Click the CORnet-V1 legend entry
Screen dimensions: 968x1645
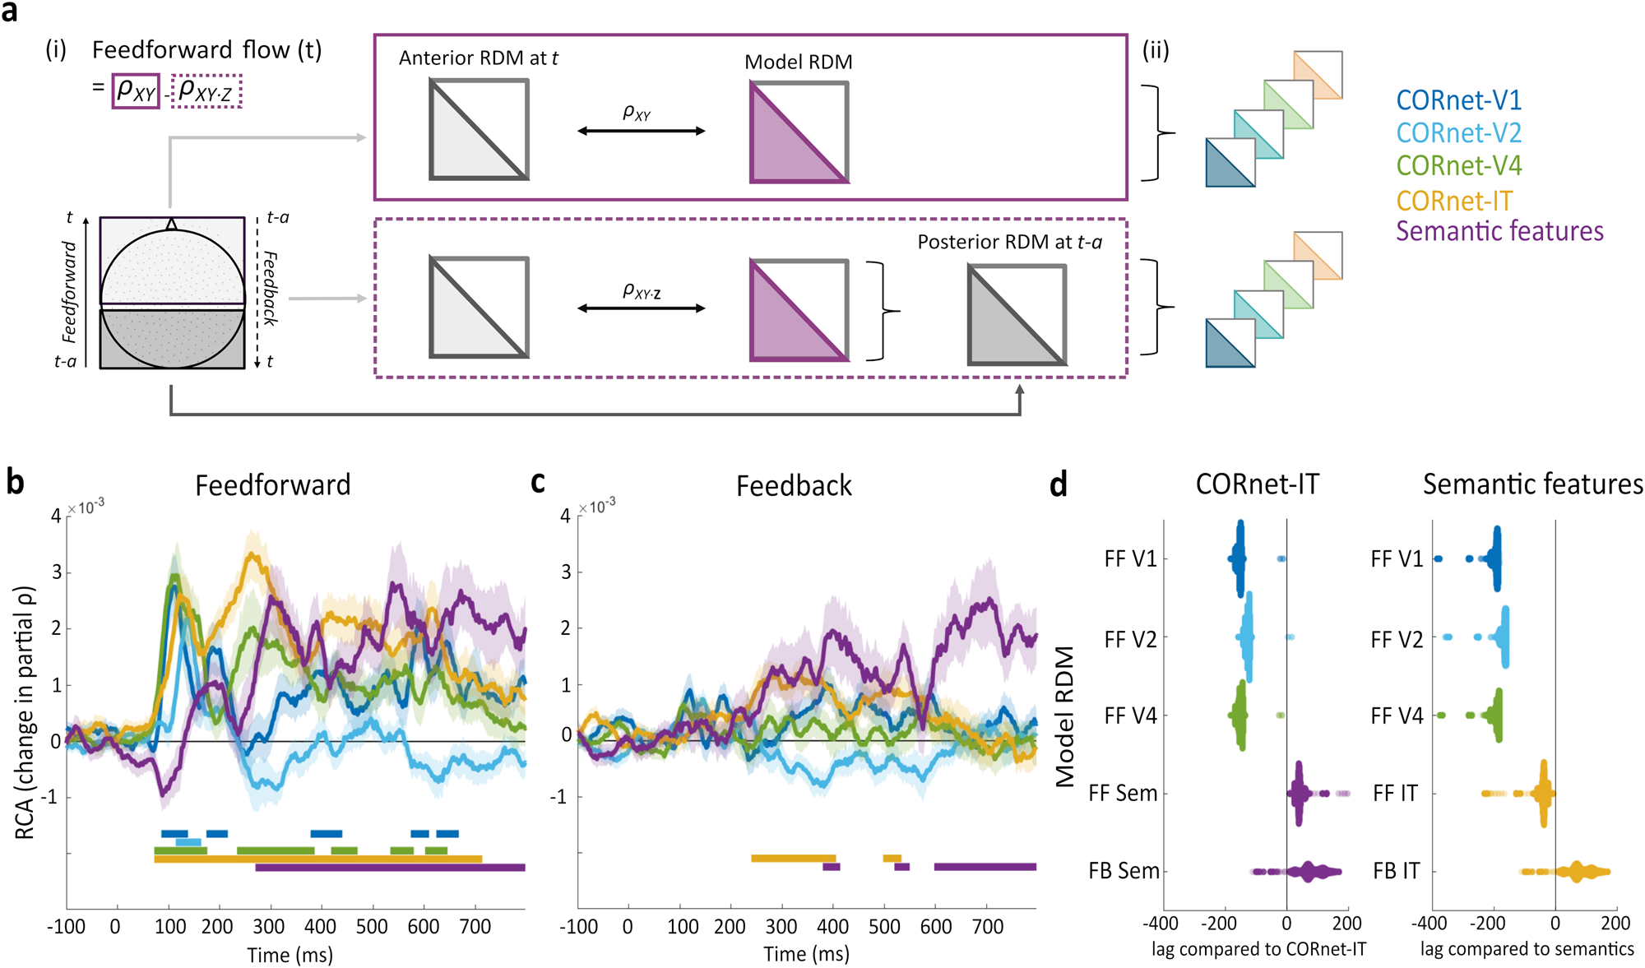click(x=1458, y=100)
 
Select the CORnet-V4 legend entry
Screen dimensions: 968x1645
click(x=1458, y=165)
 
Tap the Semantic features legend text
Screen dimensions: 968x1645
click(x=1499, y=231)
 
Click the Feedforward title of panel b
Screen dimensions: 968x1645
click(x=272, y=485)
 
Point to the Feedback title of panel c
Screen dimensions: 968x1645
click(x=794, y=486)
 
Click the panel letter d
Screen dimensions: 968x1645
click(x=1059, y=484)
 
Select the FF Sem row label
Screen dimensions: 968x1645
click(x=1123, y=794)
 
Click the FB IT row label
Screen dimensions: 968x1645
click(x=1396, y=871)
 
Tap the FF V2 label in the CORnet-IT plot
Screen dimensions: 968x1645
click(x=1130, y=639)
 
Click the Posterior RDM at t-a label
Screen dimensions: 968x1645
click(x=1009, y=242)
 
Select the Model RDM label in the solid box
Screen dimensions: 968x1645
click(x=798, y=62)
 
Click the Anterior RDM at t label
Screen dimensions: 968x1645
click(x=478, y=58)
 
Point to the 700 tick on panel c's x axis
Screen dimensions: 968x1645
click(x=987, y=927)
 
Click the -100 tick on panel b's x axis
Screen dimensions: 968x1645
click(x=66, y=927)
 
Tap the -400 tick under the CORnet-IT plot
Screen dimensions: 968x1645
click(x=1161, y=924)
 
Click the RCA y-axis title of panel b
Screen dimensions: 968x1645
click(x=25, y=712)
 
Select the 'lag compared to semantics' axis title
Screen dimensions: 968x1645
click(x=1527, y=949)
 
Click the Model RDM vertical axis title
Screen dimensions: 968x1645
click(x=1065, y=716)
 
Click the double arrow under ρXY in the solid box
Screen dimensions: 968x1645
click(x=641, y=131)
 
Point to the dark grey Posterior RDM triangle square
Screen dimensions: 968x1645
click(x=1017, y=315)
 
